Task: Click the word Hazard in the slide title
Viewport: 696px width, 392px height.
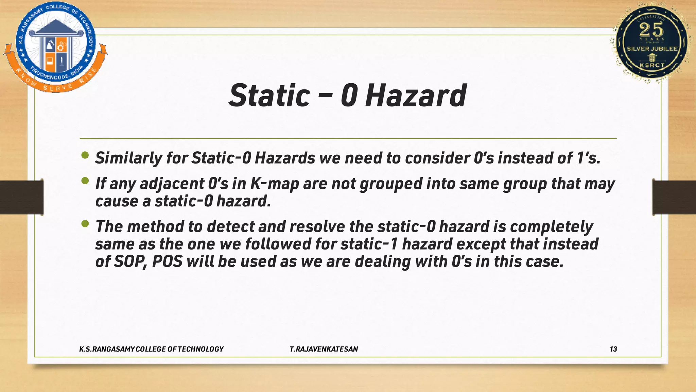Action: click(415, 96)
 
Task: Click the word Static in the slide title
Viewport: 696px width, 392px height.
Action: click(269, 96)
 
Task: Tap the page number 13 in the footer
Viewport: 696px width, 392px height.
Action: click(613, 349)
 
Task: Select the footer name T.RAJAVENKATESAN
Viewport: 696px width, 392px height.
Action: click(324, 349)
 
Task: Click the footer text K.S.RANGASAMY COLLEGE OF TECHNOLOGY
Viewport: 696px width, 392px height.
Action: click(151, 349)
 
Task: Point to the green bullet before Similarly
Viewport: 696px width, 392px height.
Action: click(85, 156)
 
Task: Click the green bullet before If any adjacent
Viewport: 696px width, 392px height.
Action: click(85, 181)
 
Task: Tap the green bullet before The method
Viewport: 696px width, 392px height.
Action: click(85, 224)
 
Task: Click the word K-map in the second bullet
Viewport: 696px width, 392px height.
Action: click(274, 184)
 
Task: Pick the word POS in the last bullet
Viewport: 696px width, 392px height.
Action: click(167, 262)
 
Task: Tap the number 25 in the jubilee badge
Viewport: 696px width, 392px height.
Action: click(651, 30)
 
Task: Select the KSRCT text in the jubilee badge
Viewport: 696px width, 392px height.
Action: click(652, 65)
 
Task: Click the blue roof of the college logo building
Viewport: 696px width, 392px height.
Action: click(56, 27)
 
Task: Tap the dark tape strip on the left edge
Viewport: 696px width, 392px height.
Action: click(21, 197)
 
